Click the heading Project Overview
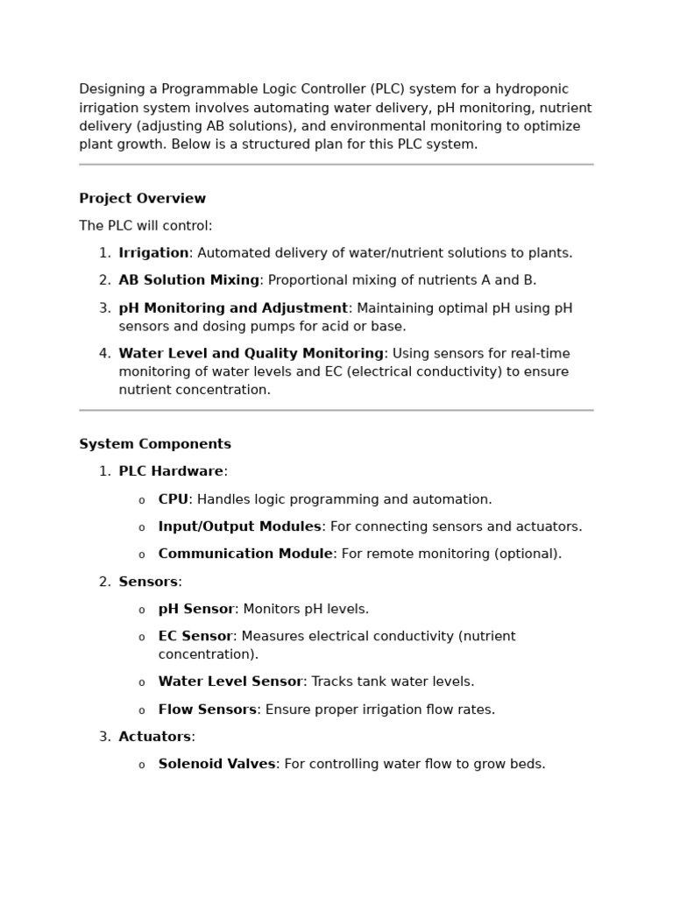pyautogui.click(x=142, y=199)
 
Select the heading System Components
pyautogui.click(x=155, y=444)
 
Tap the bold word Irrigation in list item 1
pyautogui.click(x=153, y=253)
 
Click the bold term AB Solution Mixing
pyautogui.click(x=188, y=280)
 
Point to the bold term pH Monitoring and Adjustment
pyautogui.click(x=233, y=308)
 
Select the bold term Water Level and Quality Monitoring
pyautogui.click(x=251, y=354)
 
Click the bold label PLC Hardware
pyautogui.click(x=171, y=471)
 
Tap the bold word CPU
pyautogui.click(x=173, y=499)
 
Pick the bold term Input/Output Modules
pyautogui.click(x=239, y=526)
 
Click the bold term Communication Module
pyautogui.click(x=245, y=554)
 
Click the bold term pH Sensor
pyautogui.click(x=196, y=609)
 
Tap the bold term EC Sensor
pyautogui.click(x=195, y=636)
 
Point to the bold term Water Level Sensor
pyautogui.click(x=230, y=682)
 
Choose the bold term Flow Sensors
pyautogui.click(x=207, y=710)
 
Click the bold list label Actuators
pyautogui.click(x=154, y=737)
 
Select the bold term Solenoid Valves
pyautogui.click(x=216, y=764)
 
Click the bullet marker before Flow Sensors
pyautogui.click(x=141, y=710)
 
